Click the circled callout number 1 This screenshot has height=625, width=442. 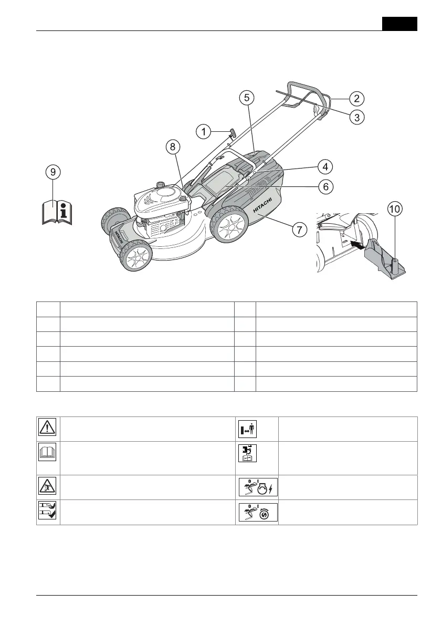pyautogui.click(x=204, y=132)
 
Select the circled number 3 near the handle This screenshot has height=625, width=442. pyautogui.click(x=356, y=118)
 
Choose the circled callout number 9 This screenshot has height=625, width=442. pyautogui.click(x=52, y=171)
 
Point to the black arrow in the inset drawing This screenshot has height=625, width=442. pyautogui.click(x=355, y=244)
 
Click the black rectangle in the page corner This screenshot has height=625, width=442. pyautogui.click(x=399, y=24)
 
